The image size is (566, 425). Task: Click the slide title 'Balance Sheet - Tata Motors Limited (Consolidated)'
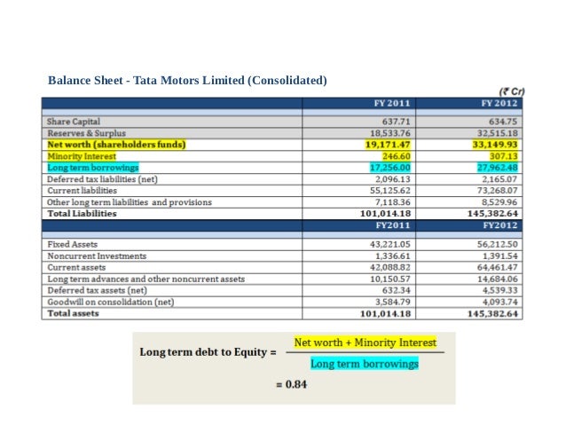[x=187, y=81]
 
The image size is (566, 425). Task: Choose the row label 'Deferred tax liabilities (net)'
[x=102, y=178]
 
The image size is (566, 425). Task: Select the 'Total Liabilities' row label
[x=83, y=213]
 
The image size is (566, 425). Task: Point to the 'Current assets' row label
[x=81, y=267]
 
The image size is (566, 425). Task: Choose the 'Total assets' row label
[x=73, y=313]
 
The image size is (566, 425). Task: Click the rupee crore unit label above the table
[x=509, y=91]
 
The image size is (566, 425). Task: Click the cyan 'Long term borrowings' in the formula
[x=364, y=363]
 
